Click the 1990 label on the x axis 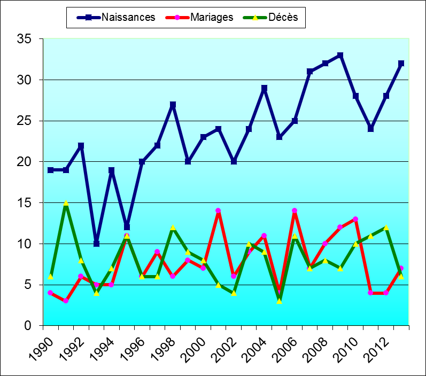[38, 347]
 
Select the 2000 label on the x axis [191, 347]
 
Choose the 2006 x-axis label [283, 347]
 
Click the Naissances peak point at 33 [340, 56]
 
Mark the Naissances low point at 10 [96, 244]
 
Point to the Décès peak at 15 [66, 203]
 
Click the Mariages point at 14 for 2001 [218, 211]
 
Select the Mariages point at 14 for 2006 [295, 211]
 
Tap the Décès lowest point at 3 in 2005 [279, 301]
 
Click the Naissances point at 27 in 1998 [173, 105]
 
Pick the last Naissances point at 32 [401, 64]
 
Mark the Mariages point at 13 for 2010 [355, 219]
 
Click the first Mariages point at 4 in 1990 [50, 293]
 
